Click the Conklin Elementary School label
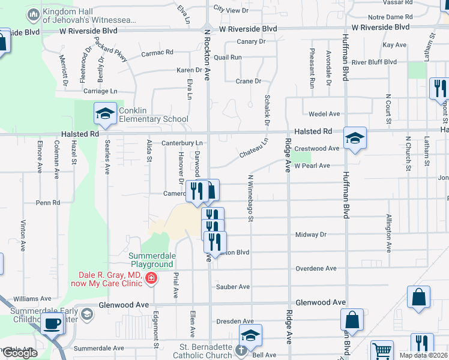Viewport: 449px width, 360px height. [154, 115]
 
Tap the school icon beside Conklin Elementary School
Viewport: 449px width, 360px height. [104, 113]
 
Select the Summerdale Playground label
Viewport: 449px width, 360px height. [152, 260]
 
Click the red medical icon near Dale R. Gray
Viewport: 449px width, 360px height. [150, 278]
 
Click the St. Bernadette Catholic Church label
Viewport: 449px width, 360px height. [206, 351]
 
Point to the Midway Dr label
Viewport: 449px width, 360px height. [310, 235]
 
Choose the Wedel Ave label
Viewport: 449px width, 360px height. [324, 114]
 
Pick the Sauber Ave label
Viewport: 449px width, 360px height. [232, 287]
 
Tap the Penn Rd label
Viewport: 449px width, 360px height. [48, 203]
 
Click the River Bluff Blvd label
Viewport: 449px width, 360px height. [374, 62]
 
